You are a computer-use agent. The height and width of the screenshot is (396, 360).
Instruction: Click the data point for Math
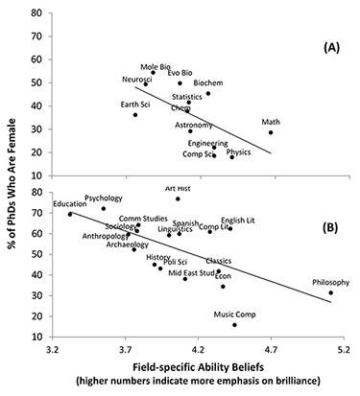[272, 132]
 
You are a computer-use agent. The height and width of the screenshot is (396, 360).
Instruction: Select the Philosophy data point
[330, 292]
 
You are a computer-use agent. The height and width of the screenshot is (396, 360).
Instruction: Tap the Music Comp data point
[234, 325]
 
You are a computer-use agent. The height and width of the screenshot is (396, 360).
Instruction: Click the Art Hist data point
[178, 198]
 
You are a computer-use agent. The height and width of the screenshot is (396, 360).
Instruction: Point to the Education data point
[70, 214]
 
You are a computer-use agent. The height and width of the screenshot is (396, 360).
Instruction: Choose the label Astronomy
[194, 125]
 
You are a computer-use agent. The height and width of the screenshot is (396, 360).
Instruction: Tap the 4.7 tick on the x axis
[271, 353]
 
